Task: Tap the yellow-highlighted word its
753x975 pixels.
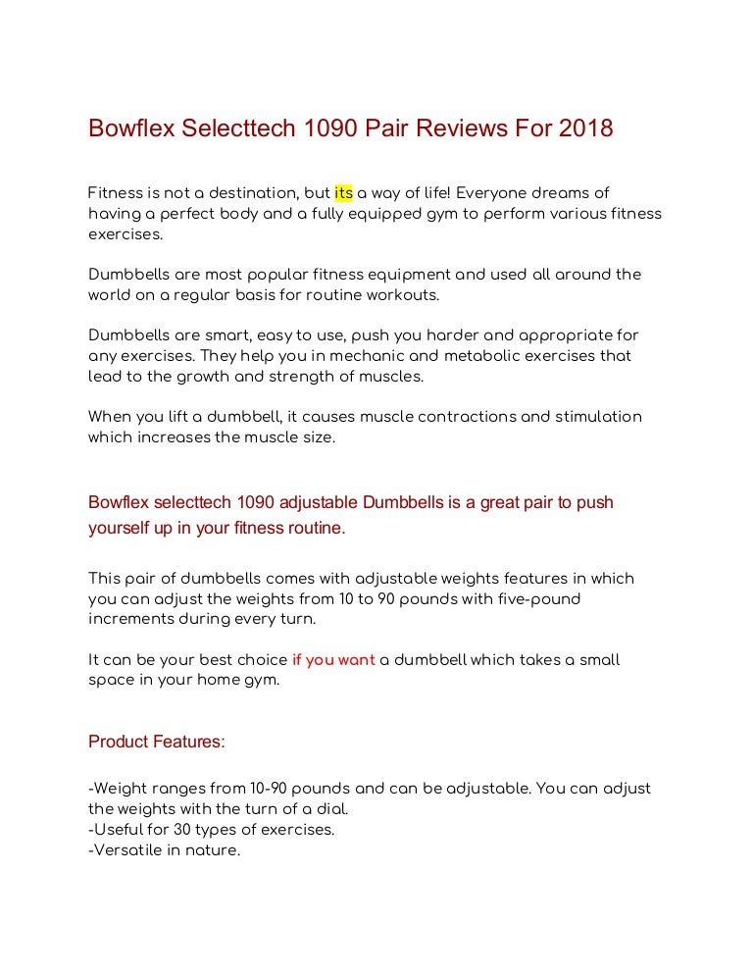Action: [343, 193]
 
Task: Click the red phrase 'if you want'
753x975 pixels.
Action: [333, 660]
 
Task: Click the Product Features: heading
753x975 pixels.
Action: [157, 742]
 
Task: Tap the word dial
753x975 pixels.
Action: [331, 809]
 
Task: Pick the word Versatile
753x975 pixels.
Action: [125, 850]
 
